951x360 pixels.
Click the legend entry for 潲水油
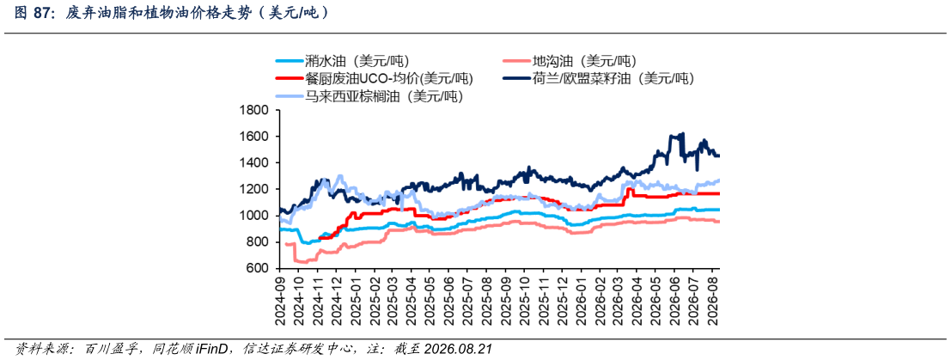(x=343, y=61)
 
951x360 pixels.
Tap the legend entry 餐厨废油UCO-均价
(x=375, y=78)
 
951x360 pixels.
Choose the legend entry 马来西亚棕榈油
(x=369, y=96)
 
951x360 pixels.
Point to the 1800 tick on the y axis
(x=253, y=111)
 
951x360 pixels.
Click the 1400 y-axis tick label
(x=253, y=163)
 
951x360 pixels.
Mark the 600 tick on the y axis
(x=257, y=269)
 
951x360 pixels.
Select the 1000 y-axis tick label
(x=253, y=217)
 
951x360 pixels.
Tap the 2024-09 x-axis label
(x=279, y=298)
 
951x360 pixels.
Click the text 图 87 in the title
(x=29, y=14)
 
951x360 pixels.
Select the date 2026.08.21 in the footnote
(x=458, y=349)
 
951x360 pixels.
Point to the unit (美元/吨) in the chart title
(x=293, y=14)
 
